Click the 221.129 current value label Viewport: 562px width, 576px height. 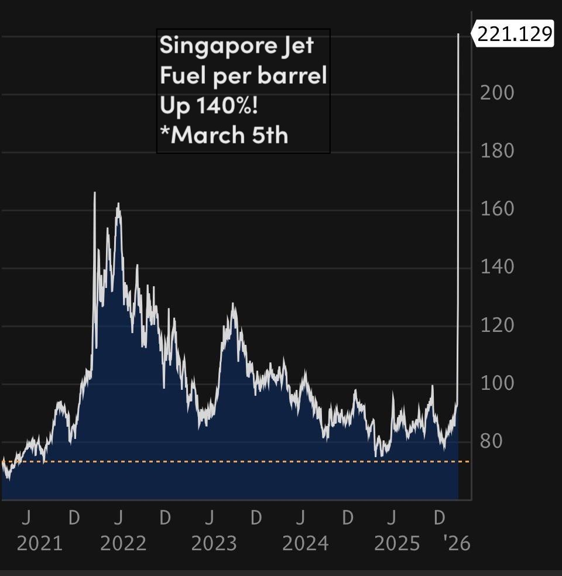(514, 35)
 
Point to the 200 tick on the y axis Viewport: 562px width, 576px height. (497, 93)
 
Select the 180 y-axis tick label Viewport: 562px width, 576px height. (497, 151)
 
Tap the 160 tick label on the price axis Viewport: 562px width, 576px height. (497, 209)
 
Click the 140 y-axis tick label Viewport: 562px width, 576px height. (497, 267)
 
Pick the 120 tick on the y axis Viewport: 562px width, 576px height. (497, 325)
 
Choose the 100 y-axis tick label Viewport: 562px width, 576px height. (497, 383)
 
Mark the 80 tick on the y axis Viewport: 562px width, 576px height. (491, 441)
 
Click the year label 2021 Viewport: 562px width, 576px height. (39, 544)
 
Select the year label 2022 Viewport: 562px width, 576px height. (123, 544)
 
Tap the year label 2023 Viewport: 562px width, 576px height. (214, 544)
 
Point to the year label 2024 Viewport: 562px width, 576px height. (305, 544)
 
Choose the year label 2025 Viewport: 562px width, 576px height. (397, 544)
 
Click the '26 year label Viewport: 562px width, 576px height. (457, 544)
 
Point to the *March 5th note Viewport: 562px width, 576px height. (224, 135)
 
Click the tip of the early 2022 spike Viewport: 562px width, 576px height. (95, 193)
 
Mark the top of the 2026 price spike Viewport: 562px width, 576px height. (458, 35)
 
